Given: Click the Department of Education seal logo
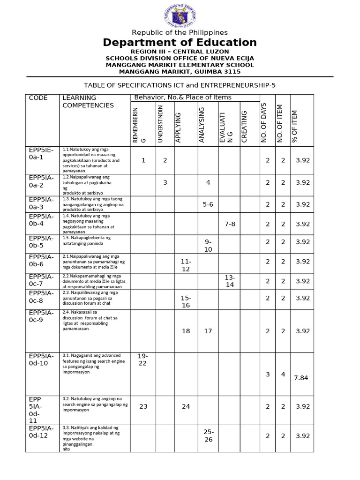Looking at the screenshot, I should click(x=180, y=15).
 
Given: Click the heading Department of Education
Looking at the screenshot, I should click(x=180, y=43).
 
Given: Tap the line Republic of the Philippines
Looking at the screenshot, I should click(x=180, y=32).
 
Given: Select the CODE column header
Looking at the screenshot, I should click(x=38, y=98).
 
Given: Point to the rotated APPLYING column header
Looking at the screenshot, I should click(x=179, y=127).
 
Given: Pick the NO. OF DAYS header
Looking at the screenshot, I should click(x=264, y=122).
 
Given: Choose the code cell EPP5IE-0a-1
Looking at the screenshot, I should click(x=41, y=153).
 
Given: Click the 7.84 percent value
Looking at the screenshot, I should click(x=301, y=378).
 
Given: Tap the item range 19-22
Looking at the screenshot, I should click(x=143, y=360).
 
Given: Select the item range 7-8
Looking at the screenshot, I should click(x=230, y=224).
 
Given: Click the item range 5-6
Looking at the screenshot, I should click(x=208, y=204).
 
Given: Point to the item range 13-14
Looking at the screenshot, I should click(x=230, y=281).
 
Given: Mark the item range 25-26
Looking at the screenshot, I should click(x=208, y=435).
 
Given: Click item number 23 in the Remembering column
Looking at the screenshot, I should click(x=143, y=406).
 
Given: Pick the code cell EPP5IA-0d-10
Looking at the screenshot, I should click(x=41, y=360).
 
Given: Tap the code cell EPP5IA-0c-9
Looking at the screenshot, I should click(x=41, y=316).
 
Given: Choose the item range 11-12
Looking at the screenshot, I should click(x=186, y=265).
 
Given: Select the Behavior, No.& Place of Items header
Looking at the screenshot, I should click(x=183, y=97).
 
